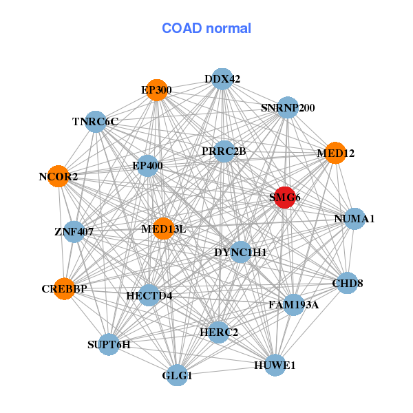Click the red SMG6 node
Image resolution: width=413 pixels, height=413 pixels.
[x=284, y=198]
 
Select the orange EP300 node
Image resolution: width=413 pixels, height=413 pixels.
[x=157, y=89]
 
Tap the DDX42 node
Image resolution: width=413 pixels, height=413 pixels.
[x=222, y=79]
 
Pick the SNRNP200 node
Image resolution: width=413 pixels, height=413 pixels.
[x=287, y=108]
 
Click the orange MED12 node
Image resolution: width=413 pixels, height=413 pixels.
[x=335, y=153]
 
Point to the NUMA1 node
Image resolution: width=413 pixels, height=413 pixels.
[x=354, y=219]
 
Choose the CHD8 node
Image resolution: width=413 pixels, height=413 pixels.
[x=347, y=283]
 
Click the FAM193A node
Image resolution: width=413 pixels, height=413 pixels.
[x=294, y=304]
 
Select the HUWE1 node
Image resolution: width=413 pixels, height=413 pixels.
[x=275, y=365]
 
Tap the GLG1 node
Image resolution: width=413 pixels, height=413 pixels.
[x=178, y=375]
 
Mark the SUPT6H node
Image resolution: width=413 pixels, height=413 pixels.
[x=109, y=344]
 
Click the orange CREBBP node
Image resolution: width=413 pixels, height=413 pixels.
[x=65, y=289]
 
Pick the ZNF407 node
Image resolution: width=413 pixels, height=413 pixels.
[x=74, y=232]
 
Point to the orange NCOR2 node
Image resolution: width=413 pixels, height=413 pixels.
[x=59, y=177]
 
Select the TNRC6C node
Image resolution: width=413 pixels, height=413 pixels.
[x=96, y=122]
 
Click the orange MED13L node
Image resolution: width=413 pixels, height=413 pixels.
[x=164, y=229]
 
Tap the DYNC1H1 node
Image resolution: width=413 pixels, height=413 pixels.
[x=240, y=253]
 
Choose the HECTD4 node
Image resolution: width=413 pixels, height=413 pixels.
[x=149, y=296]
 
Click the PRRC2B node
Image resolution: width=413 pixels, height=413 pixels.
[x=224, y=151]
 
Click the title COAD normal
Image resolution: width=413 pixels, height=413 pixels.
[x=206, y=29]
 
